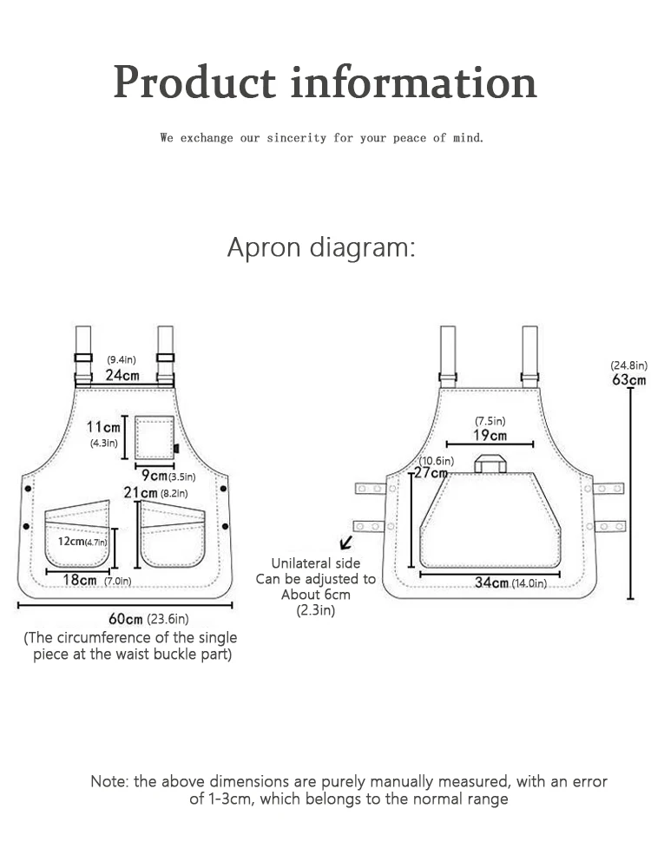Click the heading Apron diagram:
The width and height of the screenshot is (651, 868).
(x=321, y=247)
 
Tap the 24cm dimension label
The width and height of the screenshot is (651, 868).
(x=122, y=375)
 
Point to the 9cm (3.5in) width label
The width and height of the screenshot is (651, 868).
(x=168, y=476)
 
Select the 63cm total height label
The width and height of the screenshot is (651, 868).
(x=628, y=379)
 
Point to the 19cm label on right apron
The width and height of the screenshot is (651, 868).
(x=490, y=435)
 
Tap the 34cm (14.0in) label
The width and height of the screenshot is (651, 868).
(x=510, y=582)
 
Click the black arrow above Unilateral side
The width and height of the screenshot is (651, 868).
(x=347, y=542)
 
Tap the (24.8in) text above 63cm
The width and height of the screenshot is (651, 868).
(x=628, y=365)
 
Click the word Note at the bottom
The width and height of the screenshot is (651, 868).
(x=109, y=781)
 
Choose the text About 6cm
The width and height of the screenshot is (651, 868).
(x=315, y=595)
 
